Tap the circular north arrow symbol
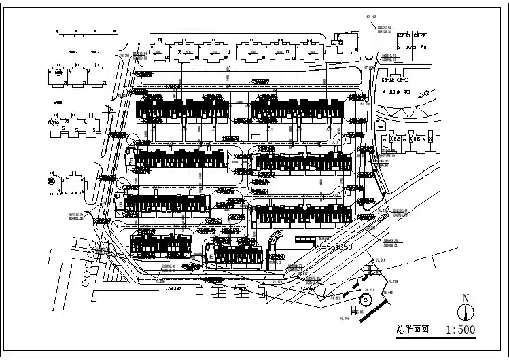coord(466,312)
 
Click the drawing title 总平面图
coord(413,329)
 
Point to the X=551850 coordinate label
coord(335,248)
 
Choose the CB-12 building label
coord(388,80)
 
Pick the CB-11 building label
coord(404,80)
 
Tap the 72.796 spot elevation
coord(393,281)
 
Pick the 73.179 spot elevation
coord(277,281)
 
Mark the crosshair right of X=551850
coord(369,248)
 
